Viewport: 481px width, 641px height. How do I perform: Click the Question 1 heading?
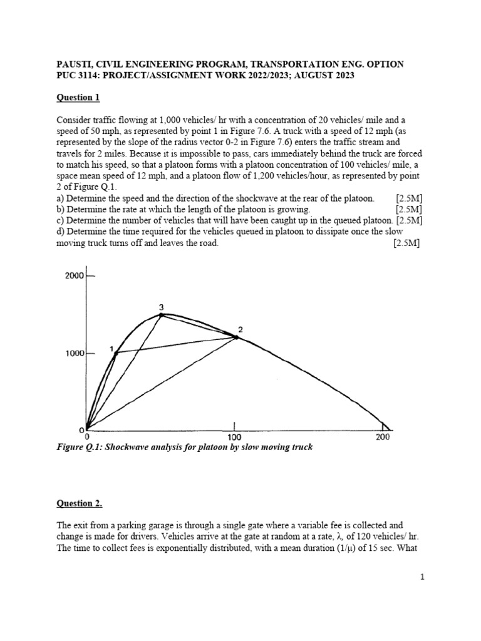78,98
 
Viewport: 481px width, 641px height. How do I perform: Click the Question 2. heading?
80,503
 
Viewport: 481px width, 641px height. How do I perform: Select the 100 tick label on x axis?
234,437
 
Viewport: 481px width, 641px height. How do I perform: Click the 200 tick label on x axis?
383,437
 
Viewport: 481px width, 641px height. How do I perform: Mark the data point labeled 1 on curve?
116,354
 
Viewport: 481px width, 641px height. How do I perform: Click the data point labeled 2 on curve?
236,337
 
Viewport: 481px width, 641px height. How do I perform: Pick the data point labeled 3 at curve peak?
162,315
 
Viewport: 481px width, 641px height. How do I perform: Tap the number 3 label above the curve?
162,307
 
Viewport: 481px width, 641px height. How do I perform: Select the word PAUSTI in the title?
76,64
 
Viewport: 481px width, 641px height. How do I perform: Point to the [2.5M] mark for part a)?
408,198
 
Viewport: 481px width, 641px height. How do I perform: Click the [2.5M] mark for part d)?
406,244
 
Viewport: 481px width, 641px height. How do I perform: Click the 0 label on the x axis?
87,437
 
